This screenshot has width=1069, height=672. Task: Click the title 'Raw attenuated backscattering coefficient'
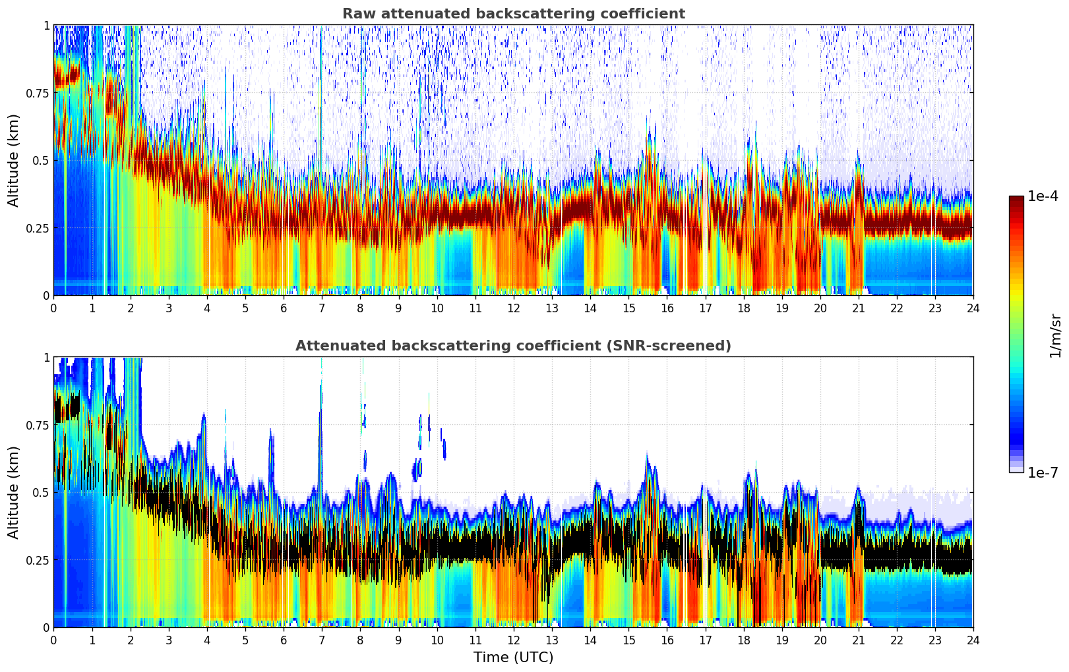point(513,14)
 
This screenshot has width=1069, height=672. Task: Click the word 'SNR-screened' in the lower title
point(684,346)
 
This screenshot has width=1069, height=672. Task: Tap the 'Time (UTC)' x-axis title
point(513,658)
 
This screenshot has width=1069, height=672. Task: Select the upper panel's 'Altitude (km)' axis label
point(14,160)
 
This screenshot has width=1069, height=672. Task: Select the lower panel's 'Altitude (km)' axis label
point(14,492)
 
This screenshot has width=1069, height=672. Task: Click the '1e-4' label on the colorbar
point(1043,197)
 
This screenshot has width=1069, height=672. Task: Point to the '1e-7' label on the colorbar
point(1043,472)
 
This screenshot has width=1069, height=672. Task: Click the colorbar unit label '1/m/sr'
point(1055,335)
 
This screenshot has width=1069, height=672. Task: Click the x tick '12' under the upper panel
point(513,308)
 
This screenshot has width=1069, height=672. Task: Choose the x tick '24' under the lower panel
point(973,640)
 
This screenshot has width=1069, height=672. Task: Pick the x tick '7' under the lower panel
point(322,640)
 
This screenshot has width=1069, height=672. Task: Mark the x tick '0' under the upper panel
point(53,308)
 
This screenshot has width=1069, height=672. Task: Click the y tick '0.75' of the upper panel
point(38,93)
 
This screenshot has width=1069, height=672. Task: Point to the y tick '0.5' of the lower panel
point(42,492)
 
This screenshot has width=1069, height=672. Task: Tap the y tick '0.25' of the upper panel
point(38,228)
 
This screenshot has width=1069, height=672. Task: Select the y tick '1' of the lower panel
point(46,357)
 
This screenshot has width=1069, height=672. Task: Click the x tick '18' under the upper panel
point(743,308)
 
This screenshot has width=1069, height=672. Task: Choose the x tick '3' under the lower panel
point(169,640)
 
